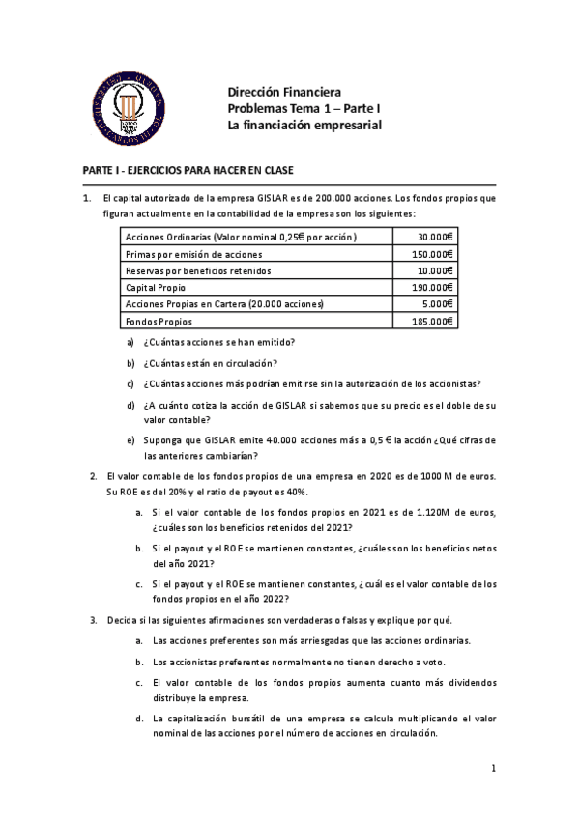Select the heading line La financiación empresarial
304,126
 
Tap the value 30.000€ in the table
436,237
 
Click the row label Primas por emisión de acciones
194,254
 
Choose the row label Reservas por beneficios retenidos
199,270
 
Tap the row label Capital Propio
156,287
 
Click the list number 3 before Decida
93,619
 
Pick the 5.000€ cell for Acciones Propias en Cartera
438,304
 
